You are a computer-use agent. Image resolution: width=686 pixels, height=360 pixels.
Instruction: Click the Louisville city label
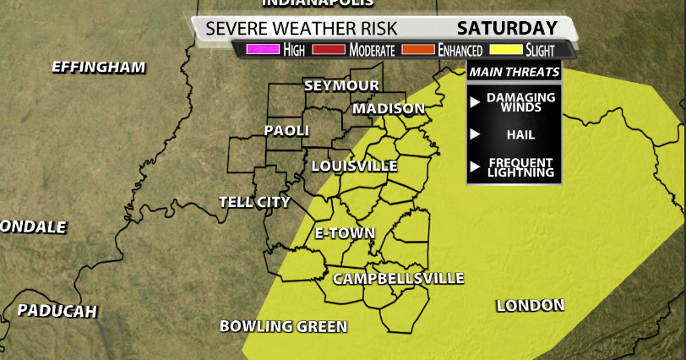click(354, 166)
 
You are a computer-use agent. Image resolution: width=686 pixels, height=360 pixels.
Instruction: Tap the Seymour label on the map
click(341, 86)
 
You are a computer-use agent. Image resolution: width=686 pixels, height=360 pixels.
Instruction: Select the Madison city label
click(389, 109)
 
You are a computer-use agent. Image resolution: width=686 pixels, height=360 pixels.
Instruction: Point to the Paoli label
click(286, 131)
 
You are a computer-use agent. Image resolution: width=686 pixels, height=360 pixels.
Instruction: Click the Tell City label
click(254, 202)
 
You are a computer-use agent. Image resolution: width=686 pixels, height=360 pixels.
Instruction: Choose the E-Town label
click(345, 233)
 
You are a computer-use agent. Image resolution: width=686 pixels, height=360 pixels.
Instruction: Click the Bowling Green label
click(283, 326)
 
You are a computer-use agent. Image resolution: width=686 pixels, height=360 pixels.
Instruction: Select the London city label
click(530, 305)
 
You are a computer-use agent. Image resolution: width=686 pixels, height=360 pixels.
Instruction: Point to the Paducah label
click(57, 311)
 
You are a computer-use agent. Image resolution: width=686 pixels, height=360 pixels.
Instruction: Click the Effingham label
click(99, 67)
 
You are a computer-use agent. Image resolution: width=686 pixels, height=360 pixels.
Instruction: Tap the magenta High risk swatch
click(256, 50)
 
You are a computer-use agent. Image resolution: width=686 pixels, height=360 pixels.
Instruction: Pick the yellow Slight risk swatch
click(509, 50)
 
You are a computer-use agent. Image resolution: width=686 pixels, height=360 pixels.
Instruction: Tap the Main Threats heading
click(514, 72)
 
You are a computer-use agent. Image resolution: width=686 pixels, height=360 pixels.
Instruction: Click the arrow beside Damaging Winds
click(476, 101)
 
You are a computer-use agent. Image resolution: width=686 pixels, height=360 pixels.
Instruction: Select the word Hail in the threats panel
click(520, 134)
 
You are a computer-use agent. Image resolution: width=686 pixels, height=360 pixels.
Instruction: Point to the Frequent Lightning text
click(520, 166)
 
